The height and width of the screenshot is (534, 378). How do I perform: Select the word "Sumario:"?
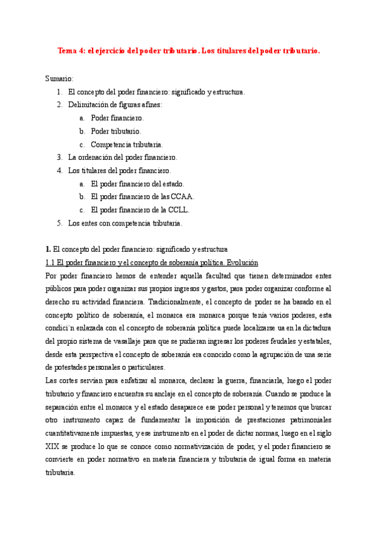tap(59, 78)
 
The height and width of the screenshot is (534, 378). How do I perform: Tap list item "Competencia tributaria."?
tap(126, 144)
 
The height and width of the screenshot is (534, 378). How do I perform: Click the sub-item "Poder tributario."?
tap(116, 131)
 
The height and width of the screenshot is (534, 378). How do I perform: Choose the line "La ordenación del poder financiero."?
tap(123, 157)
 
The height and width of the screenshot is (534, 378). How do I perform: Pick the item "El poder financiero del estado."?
tap(137, 184)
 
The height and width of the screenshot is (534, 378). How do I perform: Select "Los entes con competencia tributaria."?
tap(125, 223)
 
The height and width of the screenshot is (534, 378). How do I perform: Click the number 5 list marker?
tap(59, 223)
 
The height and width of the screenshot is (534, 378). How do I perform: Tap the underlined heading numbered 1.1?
tap(152, 263)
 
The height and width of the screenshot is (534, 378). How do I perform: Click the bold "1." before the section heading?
tap(49, 249)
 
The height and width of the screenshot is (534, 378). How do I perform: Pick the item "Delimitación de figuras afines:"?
tap(115, 105)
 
